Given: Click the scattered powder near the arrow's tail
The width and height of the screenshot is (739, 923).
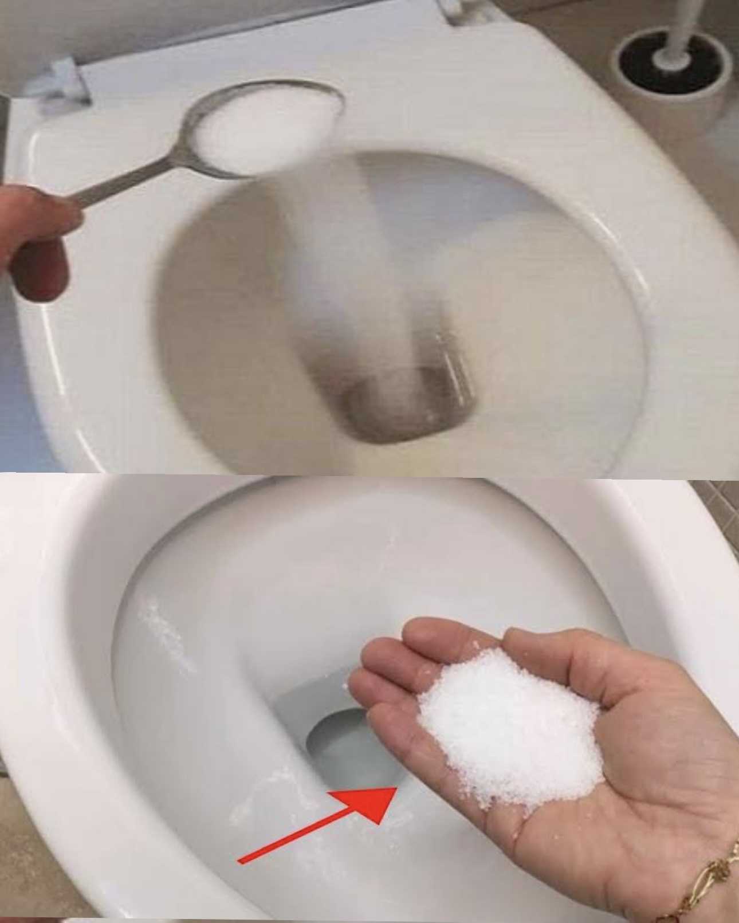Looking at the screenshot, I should click(252, 802).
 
